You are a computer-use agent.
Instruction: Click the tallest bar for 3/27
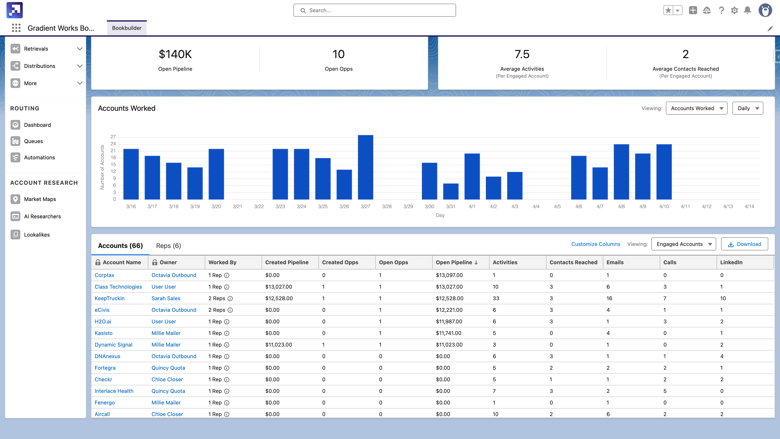365,167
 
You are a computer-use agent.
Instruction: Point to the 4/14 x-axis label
749,206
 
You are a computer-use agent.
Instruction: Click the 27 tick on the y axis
113,137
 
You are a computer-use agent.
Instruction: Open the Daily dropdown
747,108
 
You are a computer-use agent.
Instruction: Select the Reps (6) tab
168,246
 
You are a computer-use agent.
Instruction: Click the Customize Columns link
595,244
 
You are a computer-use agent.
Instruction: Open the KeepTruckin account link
109,298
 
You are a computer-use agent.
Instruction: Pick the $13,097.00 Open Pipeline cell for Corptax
449,275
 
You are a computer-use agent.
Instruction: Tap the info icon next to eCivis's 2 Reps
230,310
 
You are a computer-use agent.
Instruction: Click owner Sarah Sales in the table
166,298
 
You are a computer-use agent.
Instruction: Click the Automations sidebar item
39,158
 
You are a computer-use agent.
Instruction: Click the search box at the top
375,10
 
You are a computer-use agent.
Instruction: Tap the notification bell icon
747,10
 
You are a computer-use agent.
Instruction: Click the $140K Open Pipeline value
175,54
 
